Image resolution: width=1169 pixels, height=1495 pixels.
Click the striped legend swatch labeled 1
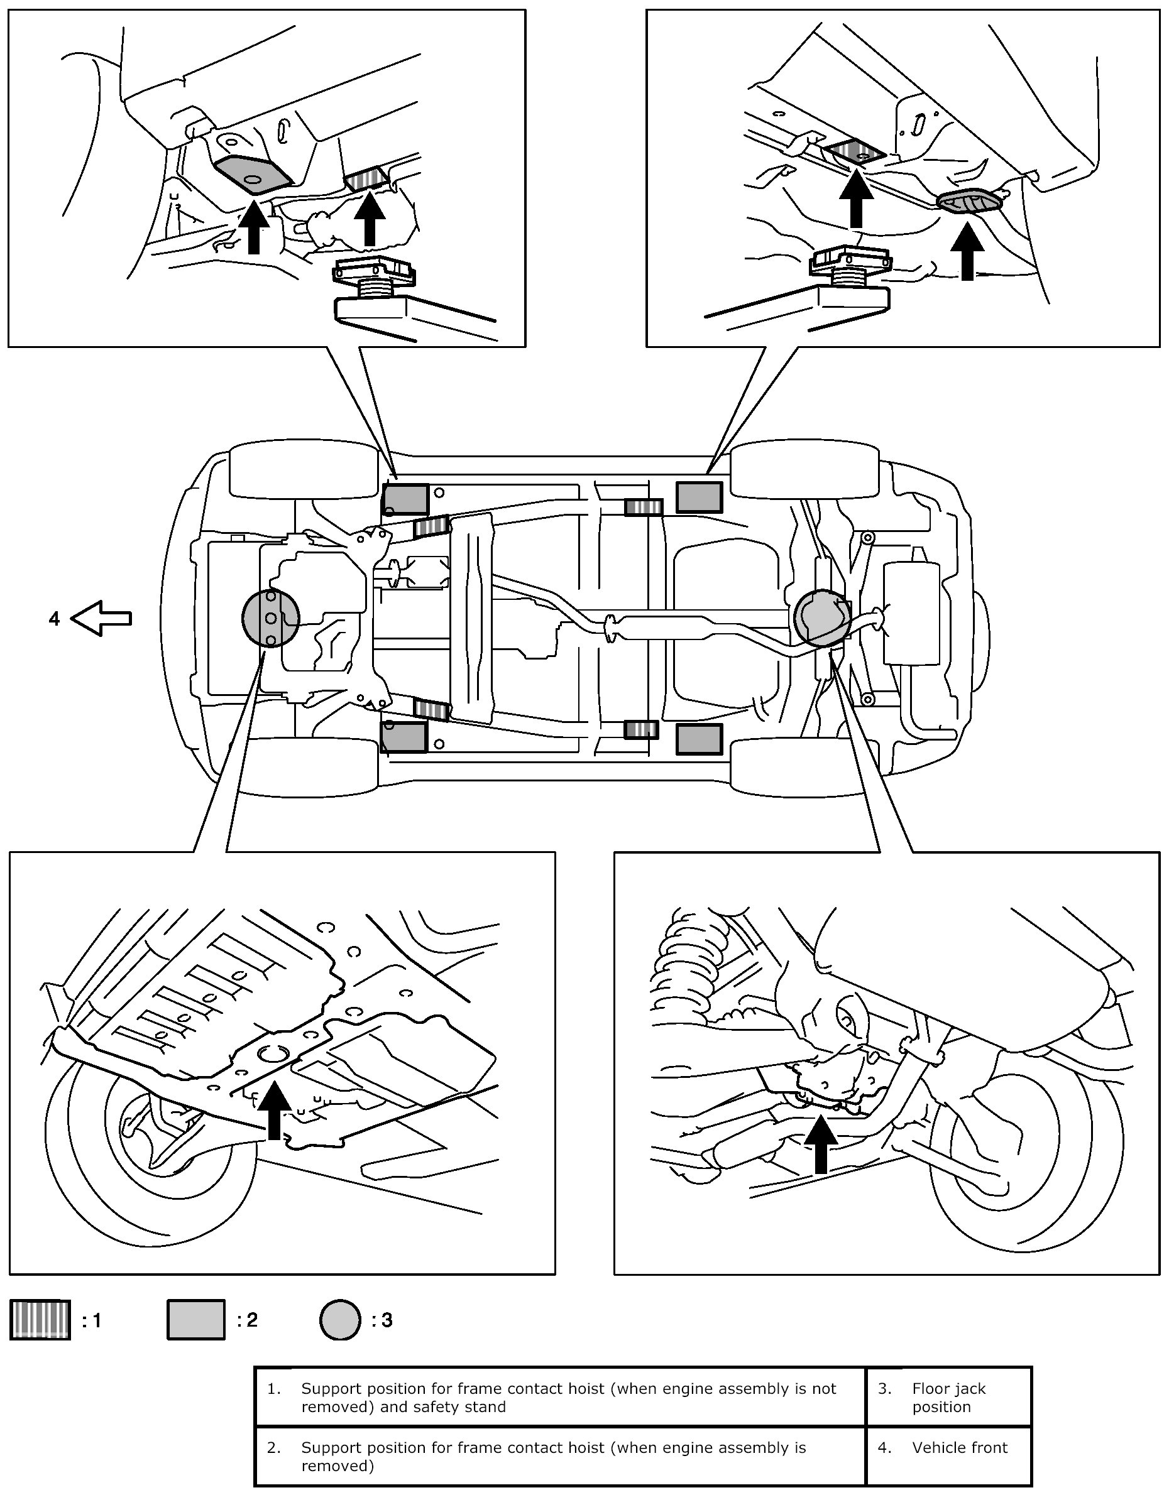pyautogui.click(x=40, y=1319)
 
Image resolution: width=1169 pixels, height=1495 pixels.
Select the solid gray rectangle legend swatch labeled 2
pyautogui.click(x=196, y=1319)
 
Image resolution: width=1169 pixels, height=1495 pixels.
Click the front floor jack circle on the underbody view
pyautogui.click(x=270, y=617)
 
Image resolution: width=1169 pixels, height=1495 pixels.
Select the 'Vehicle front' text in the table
pyautogui.click(x=960, y=1447)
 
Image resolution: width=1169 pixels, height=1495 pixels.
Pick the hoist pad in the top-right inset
pyautogui.click(x=851, y=267)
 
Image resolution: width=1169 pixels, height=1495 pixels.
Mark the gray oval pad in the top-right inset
pyautogui.click(x=969, y=202)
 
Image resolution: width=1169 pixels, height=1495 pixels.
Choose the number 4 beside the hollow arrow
pyautogui.click(x=54, y=619)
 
